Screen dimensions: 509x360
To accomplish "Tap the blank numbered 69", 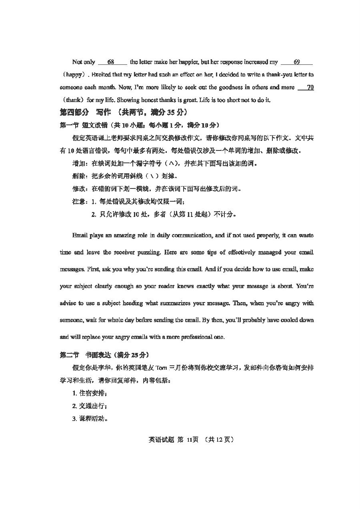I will tap(296, 62).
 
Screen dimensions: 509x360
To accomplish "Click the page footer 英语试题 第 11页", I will tap(174, 439).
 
